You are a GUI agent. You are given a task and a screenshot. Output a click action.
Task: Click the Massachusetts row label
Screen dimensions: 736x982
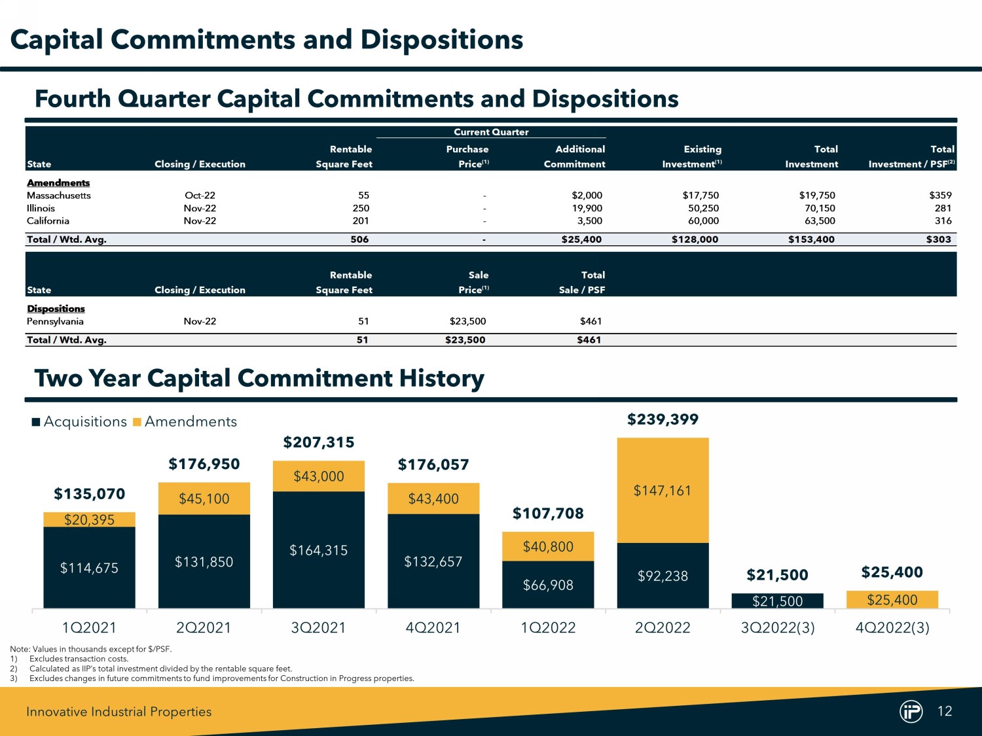click(x=59, y=196)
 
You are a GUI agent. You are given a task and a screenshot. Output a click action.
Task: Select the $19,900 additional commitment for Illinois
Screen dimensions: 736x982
click(x=587, y=208)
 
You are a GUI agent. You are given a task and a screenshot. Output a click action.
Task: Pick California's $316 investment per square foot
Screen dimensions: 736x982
click(x=943, y=220)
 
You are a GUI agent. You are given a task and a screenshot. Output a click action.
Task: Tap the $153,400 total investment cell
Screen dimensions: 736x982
click(x=811, y=239)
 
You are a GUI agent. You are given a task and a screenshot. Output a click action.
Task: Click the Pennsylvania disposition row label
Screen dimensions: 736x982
click(x=55, y=321)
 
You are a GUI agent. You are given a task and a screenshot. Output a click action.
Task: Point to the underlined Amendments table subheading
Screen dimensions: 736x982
click(x=58, y=183)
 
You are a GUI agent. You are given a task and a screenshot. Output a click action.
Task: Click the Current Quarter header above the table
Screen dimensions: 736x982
click(x=491, y=132)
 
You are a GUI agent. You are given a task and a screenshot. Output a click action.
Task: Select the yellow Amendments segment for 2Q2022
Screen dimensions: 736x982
click(x=663, y=490)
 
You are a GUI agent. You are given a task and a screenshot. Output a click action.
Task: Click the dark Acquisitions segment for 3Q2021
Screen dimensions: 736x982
click(x=319, y=550)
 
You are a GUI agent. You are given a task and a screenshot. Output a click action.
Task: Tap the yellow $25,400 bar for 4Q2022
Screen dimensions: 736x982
click(x=892, y=599)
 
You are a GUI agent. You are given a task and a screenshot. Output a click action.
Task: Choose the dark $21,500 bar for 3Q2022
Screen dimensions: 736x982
click(x=777, y=601)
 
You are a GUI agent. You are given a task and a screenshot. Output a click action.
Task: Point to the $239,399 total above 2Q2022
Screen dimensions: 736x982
click(x=663, y=419)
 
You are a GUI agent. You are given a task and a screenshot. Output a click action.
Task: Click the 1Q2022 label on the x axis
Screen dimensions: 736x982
click(x=548, y=627)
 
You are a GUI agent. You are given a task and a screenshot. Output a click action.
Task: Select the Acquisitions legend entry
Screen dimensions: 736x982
click(x=79, y=422)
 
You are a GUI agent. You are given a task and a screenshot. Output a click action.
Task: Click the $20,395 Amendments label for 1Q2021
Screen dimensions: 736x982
click(x=89, y=519)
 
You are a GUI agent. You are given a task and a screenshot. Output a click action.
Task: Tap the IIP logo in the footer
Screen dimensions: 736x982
click(x=911, y=711)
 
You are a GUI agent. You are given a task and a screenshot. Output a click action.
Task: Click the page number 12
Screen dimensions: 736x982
click(x=945, y=711)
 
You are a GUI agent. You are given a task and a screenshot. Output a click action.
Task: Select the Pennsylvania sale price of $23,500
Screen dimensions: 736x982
click(x=467, y=321)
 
